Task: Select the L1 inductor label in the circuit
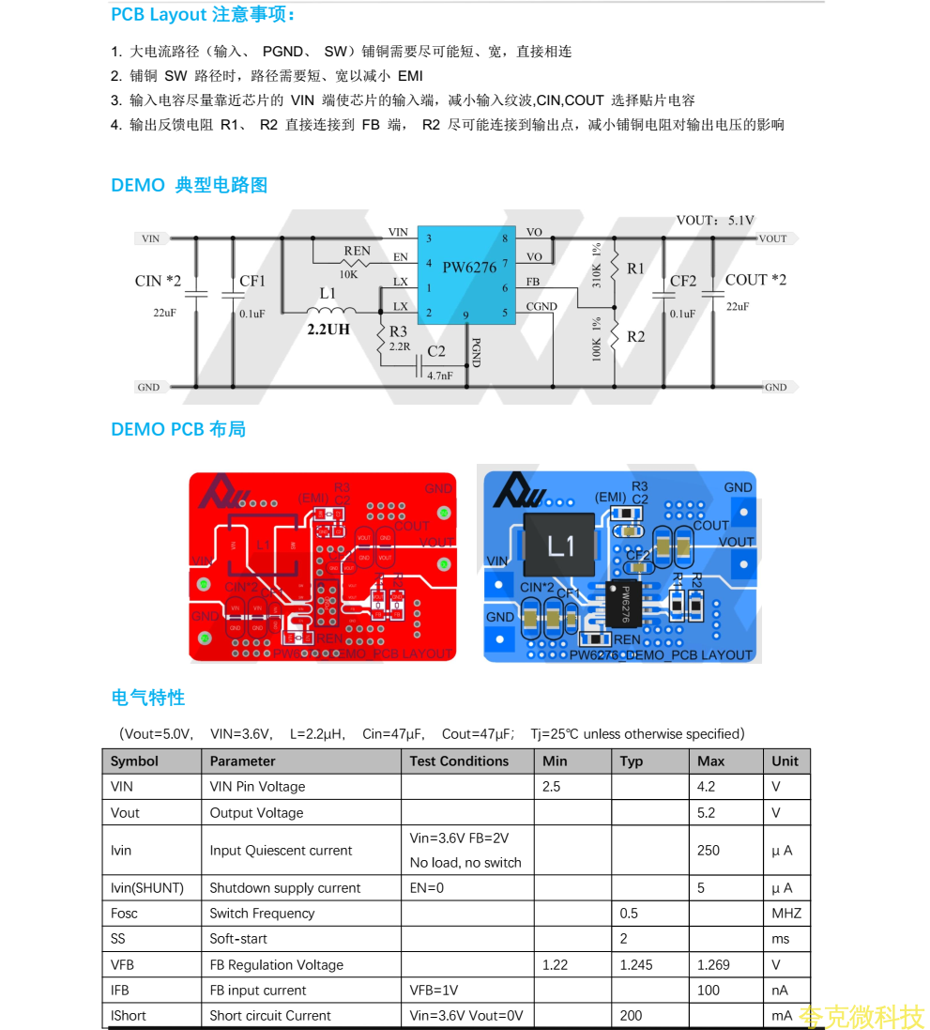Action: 328,293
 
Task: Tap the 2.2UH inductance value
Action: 328,330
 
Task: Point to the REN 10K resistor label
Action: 356,252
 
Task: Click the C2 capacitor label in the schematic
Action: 436,351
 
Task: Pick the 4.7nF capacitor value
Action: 439,376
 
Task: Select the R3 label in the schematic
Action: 398,331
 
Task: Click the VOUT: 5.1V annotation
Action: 715,221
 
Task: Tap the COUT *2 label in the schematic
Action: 755,280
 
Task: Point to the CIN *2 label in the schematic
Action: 158,281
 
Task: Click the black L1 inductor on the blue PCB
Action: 560,545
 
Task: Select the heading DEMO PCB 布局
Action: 178,429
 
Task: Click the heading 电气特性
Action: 148,698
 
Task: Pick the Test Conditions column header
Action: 459,761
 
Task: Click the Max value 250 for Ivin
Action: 708,851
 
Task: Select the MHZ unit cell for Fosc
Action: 785,914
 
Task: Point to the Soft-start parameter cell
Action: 238,939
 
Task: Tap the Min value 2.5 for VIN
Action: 552,787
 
